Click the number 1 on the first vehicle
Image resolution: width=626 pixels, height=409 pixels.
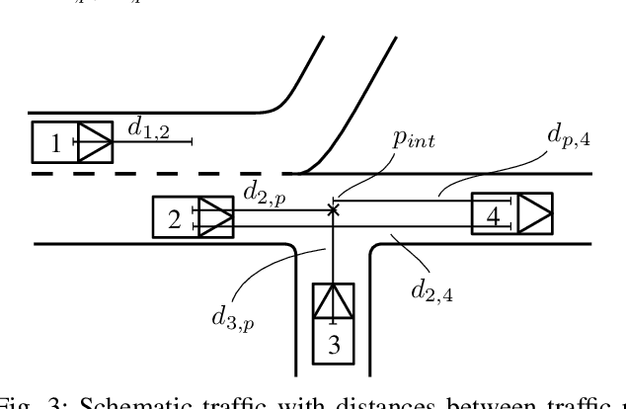(x=56, y=144)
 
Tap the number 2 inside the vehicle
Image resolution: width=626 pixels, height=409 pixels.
(x=175, y=219)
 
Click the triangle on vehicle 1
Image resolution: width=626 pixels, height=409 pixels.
(x=96, y=142)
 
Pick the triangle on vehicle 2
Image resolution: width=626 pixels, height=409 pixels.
(x=214, y=216)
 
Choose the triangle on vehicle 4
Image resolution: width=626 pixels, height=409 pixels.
(x=533, y=214)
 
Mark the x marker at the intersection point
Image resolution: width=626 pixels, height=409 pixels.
(x=334, y=208)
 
